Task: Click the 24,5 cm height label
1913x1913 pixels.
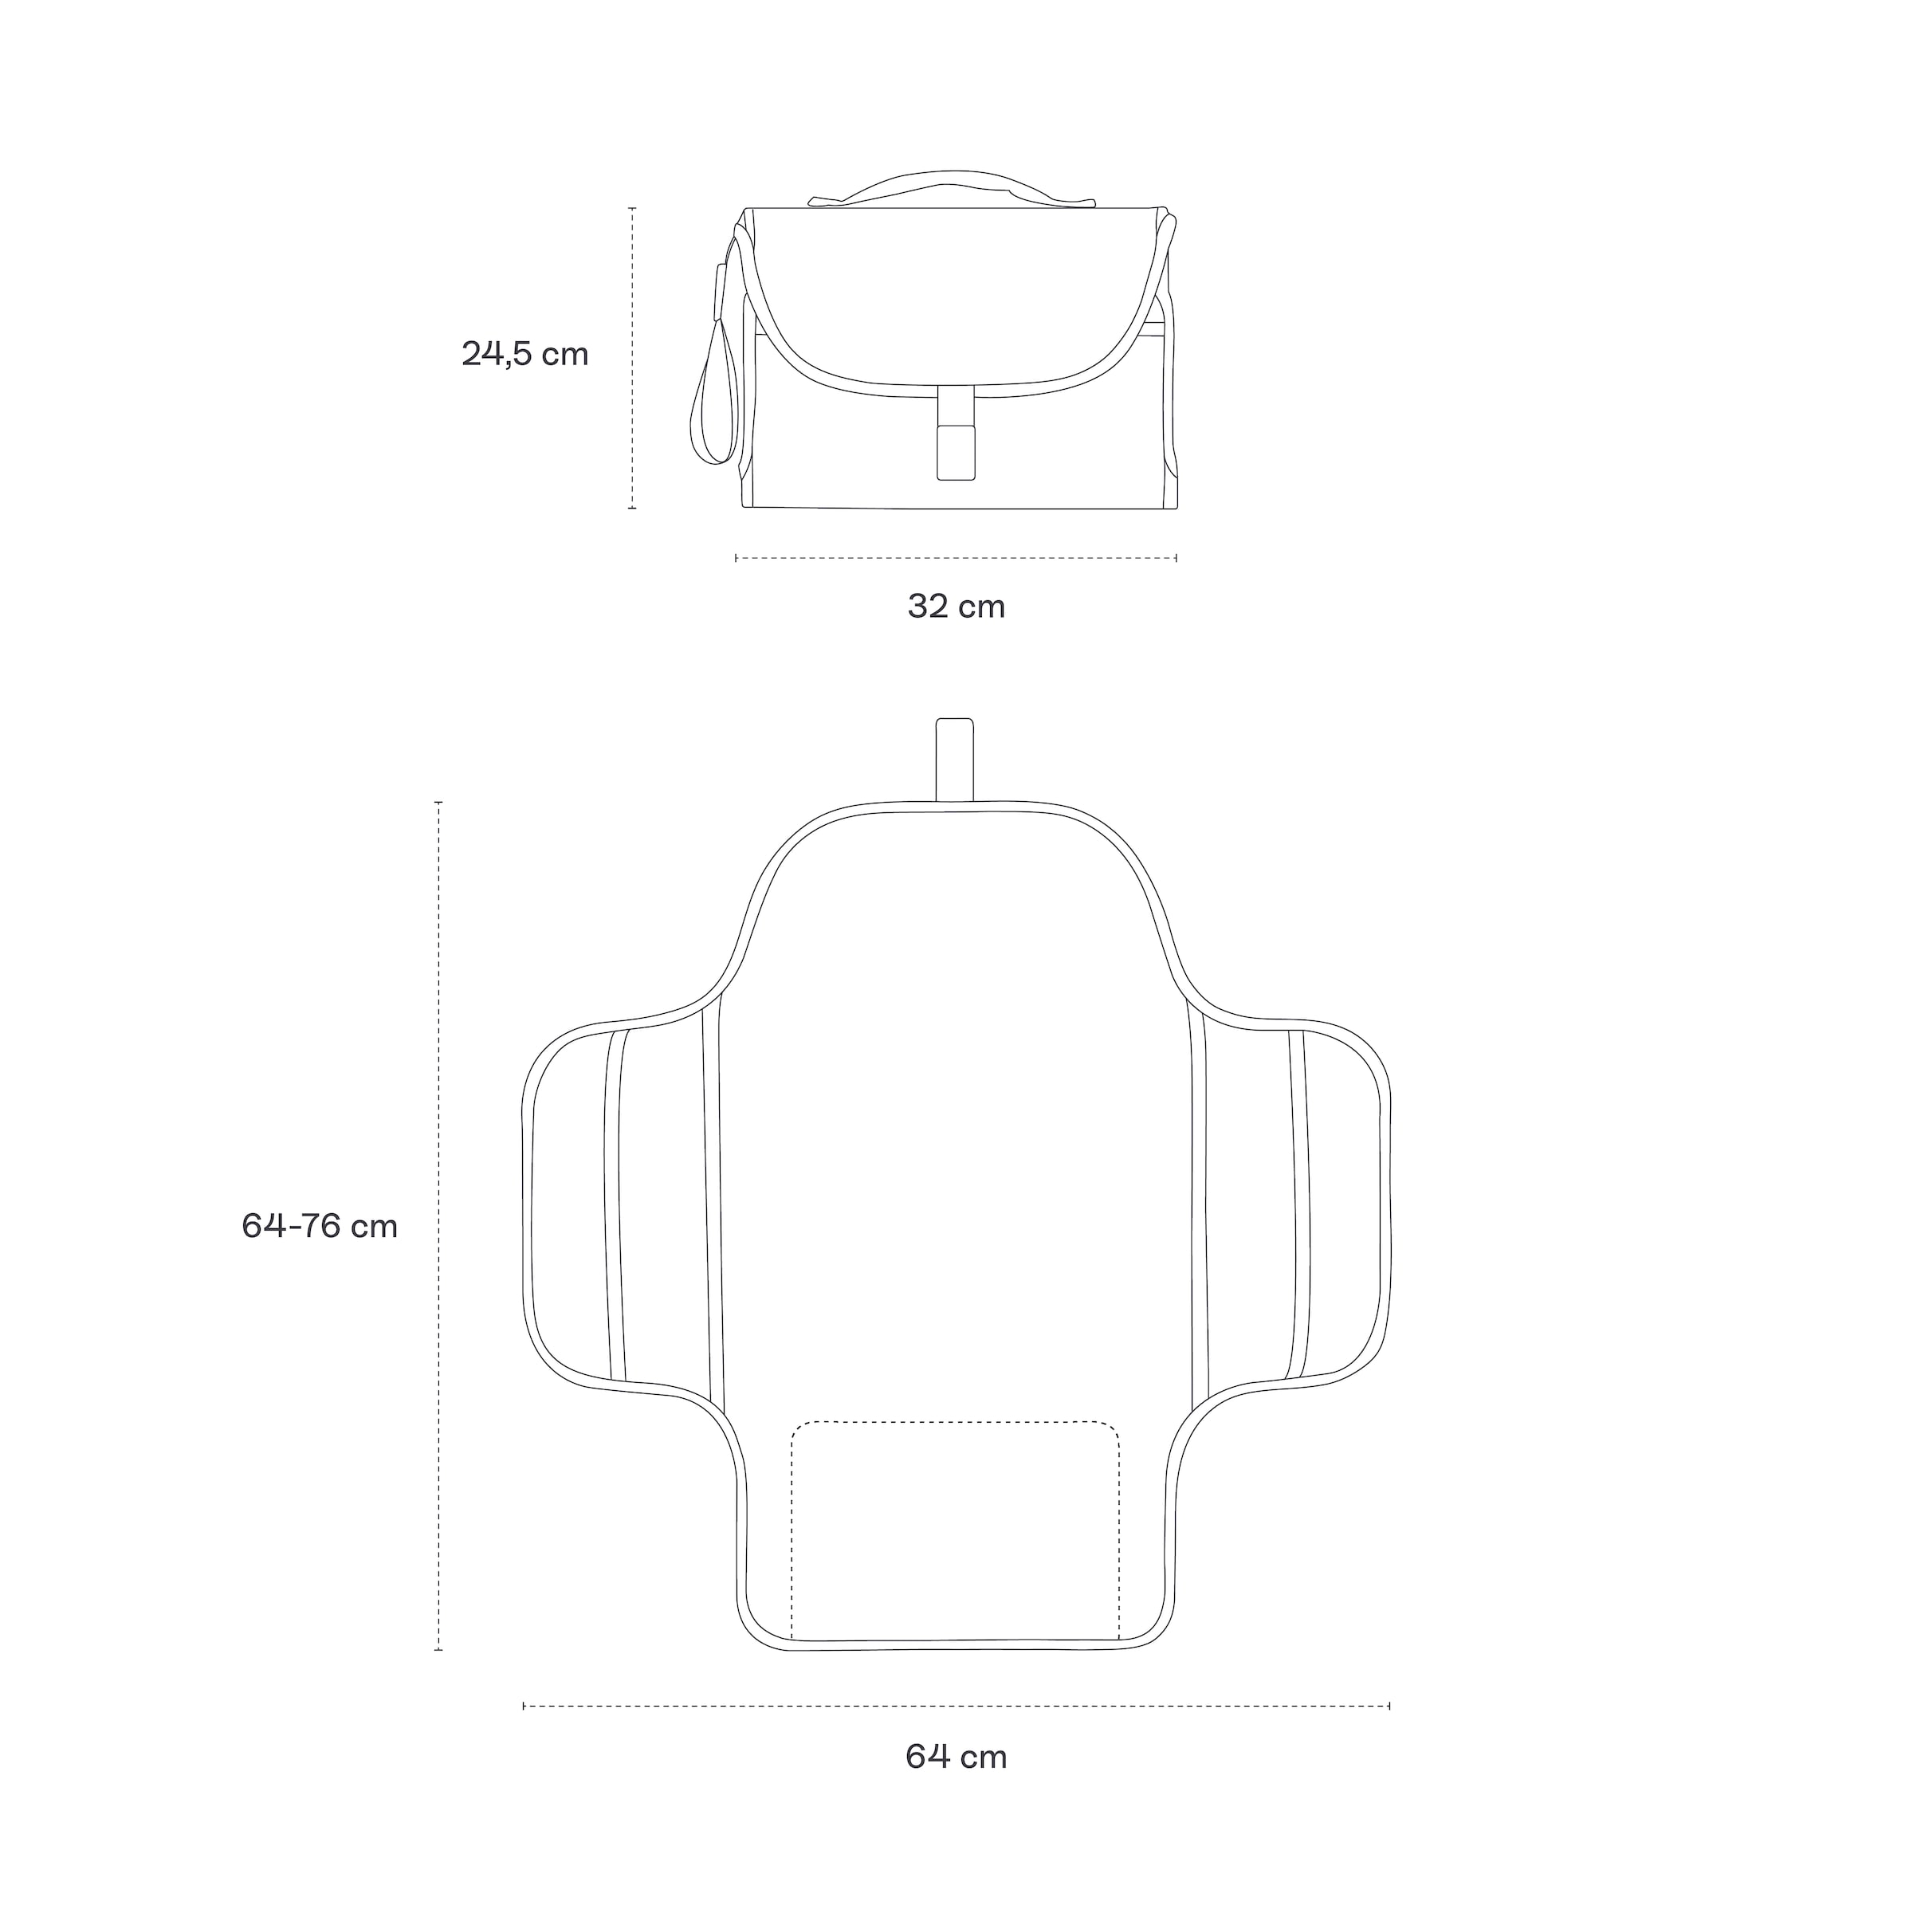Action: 524,355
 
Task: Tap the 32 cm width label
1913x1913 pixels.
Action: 956,606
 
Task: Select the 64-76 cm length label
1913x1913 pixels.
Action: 320,1226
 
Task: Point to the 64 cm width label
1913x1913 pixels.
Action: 956,1757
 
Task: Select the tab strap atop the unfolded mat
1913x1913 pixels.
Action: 955,760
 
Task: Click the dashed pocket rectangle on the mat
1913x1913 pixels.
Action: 955,1423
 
